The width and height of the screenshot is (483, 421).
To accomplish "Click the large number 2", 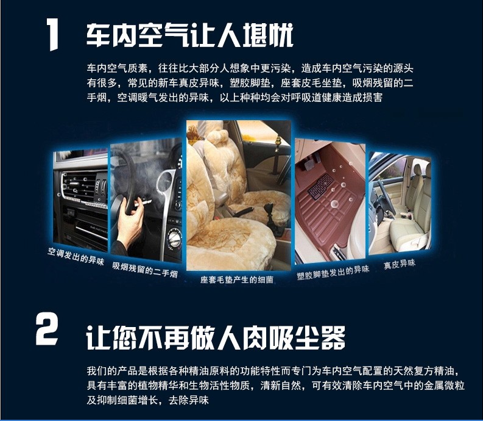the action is coord(46,329).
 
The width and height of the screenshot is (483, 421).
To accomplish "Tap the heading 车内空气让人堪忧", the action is coord(189,35).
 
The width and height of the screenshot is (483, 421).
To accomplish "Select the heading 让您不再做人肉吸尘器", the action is coord(216,337).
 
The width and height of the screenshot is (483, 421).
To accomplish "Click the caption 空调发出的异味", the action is coord(76,256).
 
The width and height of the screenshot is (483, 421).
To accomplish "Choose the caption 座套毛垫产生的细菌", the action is coord(236,279).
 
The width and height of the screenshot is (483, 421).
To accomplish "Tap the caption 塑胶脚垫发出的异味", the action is coord(333,272).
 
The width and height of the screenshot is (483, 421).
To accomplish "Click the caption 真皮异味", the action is coord(400,265).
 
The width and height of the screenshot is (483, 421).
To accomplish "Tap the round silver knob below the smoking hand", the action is coord(175,237).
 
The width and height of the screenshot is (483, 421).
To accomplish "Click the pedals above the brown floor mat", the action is coord(311,161).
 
